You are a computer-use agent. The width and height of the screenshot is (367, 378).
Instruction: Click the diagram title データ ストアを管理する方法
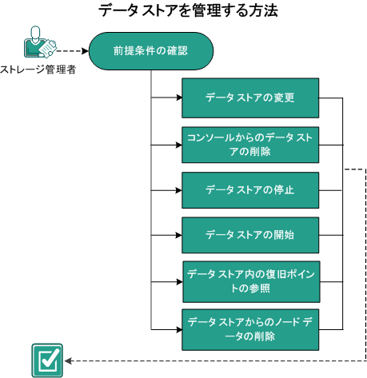click(189, 12)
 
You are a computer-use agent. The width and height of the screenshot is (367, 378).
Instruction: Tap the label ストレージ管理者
click(38, 70)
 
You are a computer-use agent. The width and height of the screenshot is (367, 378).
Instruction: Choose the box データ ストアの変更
click(250, 98)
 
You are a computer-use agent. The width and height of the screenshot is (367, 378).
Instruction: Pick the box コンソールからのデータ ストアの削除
click(250, 145)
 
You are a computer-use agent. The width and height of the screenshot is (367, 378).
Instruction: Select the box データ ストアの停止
click(250, 191)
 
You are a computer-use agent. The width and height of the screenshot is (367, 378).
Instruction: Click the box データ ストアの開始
click(250, 236)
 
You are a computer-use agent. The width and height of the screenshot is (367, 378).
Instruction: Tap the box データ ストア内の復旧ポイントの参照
click(250, 281)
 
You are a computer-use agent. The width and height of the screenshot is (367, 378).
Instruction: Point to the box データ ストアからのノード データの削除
click(250, 328)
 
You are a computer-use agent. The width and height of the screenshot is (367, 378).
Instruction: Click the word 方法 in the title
click(262, 12)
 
